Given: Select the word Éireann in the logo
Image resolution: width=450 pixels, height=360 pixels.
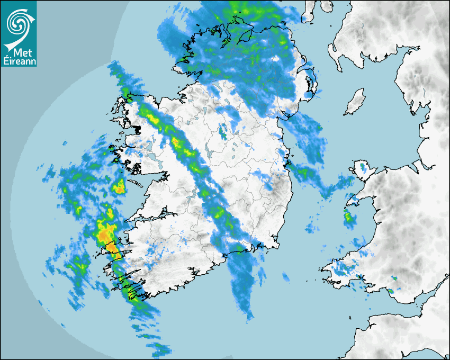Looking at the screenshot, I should [x=19, y=61].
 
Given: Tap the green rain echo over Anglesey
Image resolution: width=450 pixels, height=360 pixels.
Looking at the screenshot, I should [x=363, y=168].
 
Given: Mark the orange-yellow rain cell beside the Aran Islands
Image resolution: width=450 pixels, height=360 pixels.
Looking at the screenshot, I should [x=120, y=186].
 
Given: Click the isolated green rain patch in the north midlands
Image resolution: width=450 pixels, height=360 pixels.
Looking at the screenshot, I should [x=224, y=131].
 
